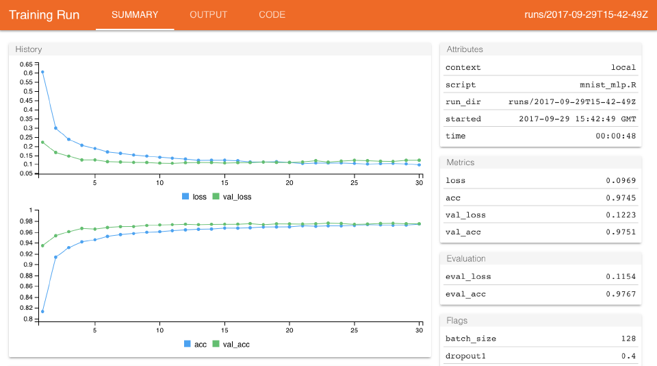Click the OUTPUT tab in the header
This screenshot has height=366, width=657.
tap(208, 14)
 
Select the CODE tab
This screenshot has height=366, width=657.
tap(272, 14)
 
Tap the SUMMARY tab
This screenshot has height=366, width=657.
tap(135, 14)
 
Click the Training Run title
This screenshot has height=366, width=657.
tap(44, 14)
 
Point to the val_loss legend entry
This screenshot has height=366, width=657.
tap(231, 197)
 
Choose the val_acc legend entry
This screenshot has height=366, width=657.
tap(231, 344)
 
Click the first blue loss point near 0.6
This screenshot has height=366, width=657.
tap(42, 72)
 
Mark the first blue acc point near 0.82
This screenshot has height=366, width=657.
tap(42, 311)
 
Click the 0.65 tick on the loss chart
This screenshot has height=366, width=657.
tap(26, 63)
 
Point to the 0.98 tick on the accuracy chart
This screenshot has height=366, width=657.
tap(26, 221)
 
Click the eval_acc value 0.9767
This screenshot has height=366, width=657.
tap(621, 294)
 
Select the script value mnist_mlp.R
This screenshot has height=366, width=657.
tap(608, 85)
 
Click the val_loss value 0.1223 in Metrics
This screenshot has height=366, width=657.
tap(621, 215)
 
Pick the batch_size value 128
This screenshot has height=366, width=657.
tap(628, 339)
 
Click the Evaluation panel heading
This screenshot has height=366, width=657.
tap(466, 258)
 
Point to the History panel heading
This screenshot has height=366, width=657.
tap(29, 49)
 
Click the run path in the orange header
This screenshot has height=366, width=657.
tap(586, 14)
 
